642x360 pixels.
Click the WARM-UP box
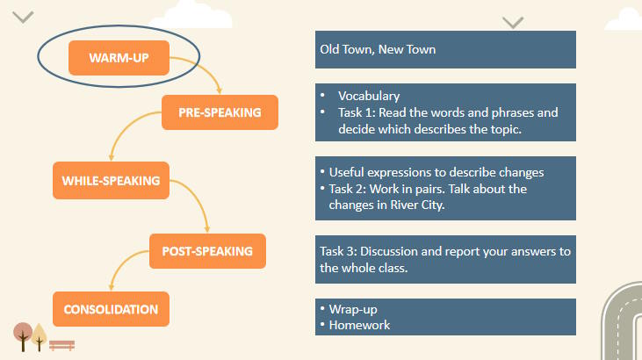pyautogui.click(x=119, y=58)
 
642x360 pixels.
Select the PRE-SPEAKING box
pyautogui.click(x=220, y=112)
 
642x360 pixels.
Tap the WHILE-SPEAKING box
pyautogui.click(x=110, y=181)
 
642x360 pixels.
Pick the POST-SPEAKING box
pyautogui.click(x=207, y=251)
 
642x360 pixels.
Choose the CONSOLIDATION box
pyautogui.click(x=111, y=309)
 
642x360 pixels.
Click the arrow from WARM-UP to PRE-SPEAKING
pyautogui.click(x=209, y=70)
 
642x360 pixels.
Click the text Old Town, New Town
pyautogui.click(x=378, y=49)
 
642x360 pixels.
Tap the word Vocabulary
pyautogui.click(x=369, y=96)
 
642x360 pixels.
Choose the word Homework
pyautogui.click(x=359, y=325)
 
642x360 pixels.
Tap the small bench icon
pyautogui.click(x=62, y=344)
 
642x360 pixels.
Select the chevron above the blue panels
pyautogui.click(x=513, y=22)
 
